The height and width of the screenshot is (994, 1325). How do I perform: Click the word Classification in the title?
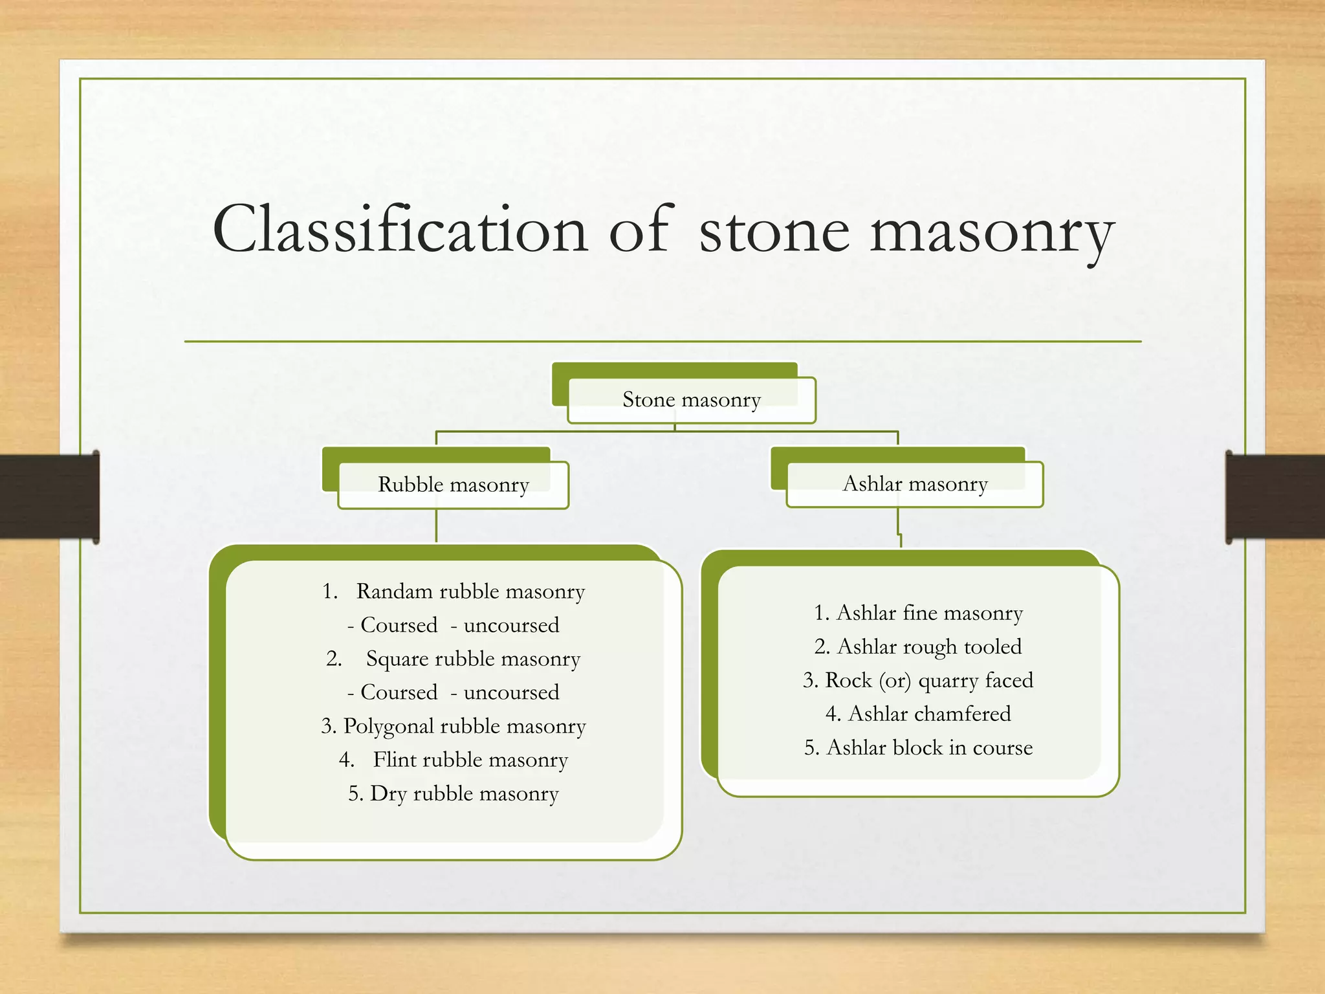(x=400, y=230)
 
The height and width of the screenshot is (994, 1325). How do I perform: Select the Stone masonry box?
(x=691, y=400)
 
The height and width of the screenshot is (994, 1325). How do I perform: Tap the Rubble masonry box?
(x=453, y=485)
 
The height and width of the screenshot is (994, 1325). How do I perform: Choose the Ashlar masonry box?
(x=915, y=484)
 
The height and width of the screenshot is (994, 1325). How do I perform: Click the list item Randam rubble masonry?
(x=470, y=591)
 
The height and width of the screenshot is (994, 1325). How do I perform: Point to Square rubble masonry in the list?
(x=473, y=659)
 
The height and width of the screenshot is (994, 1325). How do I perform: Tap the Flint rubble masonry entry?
(x=470, y=760)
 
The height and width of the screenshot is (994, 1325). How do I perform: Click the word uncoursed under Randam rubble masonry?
(x=511, y=625)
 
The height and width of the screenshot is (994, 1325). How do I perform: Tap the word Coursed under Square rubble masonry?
(x=399, y=692)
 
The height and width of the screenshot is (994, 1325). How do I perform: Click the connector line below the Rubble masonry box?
(x=437, y=525)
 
